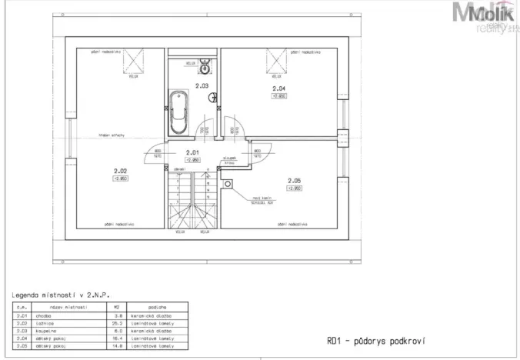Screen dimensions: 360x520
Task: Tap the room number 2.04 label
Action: pos(278,89)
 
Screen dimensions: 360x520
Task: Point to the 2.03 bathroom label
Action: pos(202,85)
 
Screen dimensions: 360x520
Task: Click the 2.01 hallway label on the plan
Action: pos(193,152)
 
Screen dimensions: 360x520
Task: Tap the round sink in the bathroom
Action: pos(205,65)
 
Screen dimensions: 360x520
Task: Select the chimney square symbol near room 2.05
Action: pos(228,183)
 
